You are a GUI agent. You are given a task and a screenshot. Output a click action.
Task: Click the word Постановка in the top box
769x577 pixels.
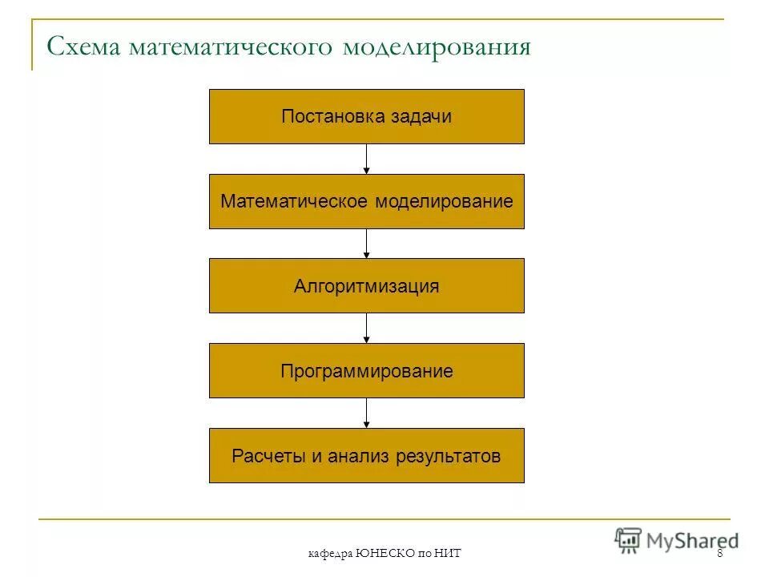coord(332,117)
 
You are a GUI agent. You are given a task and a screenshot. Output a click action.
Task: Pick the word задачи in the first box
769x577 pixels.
coord(421,117)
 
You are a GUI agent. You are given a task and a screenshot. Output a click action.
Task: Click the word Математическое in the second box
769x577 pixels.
coord(294,202)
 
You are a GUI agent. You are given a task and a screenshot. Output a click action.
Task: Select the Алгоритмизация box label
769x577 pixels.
coord(367,287)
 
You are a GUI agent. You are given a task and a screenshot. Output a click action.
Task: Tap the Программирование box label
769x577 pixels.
coord(367,372)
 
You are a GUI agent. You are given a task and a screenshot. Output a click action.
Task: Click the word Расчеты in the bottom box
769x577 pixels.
coord(268,457)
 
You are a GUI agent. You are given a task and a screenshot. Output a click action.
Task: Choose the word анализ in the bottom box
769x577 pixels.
coord(352,457)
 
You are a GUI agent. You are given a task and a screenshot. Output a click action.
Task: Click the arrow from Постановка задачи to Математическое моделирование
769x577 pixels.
coord(367,159)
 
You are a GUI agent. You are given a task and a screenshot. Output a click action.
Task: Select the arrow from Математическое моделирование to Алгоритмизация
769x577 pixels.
coord(367,244)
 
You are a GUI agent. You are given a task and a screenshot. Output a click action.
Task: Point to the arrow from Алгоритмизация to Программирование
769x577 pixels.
coord(367,329)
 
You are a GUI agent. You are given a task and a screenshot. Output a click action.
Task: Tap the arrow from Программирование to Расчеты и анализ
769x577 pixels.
coord(367,414)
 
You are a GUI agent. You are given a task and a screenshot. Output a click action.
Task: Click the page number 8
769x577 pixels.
coord(720,555)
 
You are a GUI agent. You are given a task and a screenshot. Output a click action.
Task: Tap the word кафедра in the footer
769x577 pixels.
coord(329,555)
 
